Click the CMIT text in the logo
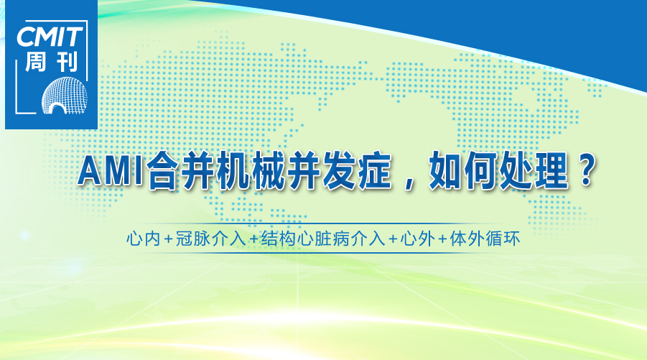50,37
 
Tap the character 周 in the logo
35,62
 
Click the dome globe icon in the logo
65,96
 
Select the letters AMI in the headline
111,171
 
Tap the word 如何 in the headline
462,170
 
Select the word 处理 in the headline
533,170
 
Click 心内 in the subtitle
143,239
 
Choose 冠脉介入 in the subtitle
210,239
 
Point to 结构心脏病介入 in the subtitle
322,239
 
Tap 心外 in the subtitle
418,239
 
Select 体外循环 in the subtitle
485,239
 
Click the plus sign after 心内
168,240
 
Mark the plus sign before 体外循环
442,240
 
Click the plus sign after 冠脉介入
253,240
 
